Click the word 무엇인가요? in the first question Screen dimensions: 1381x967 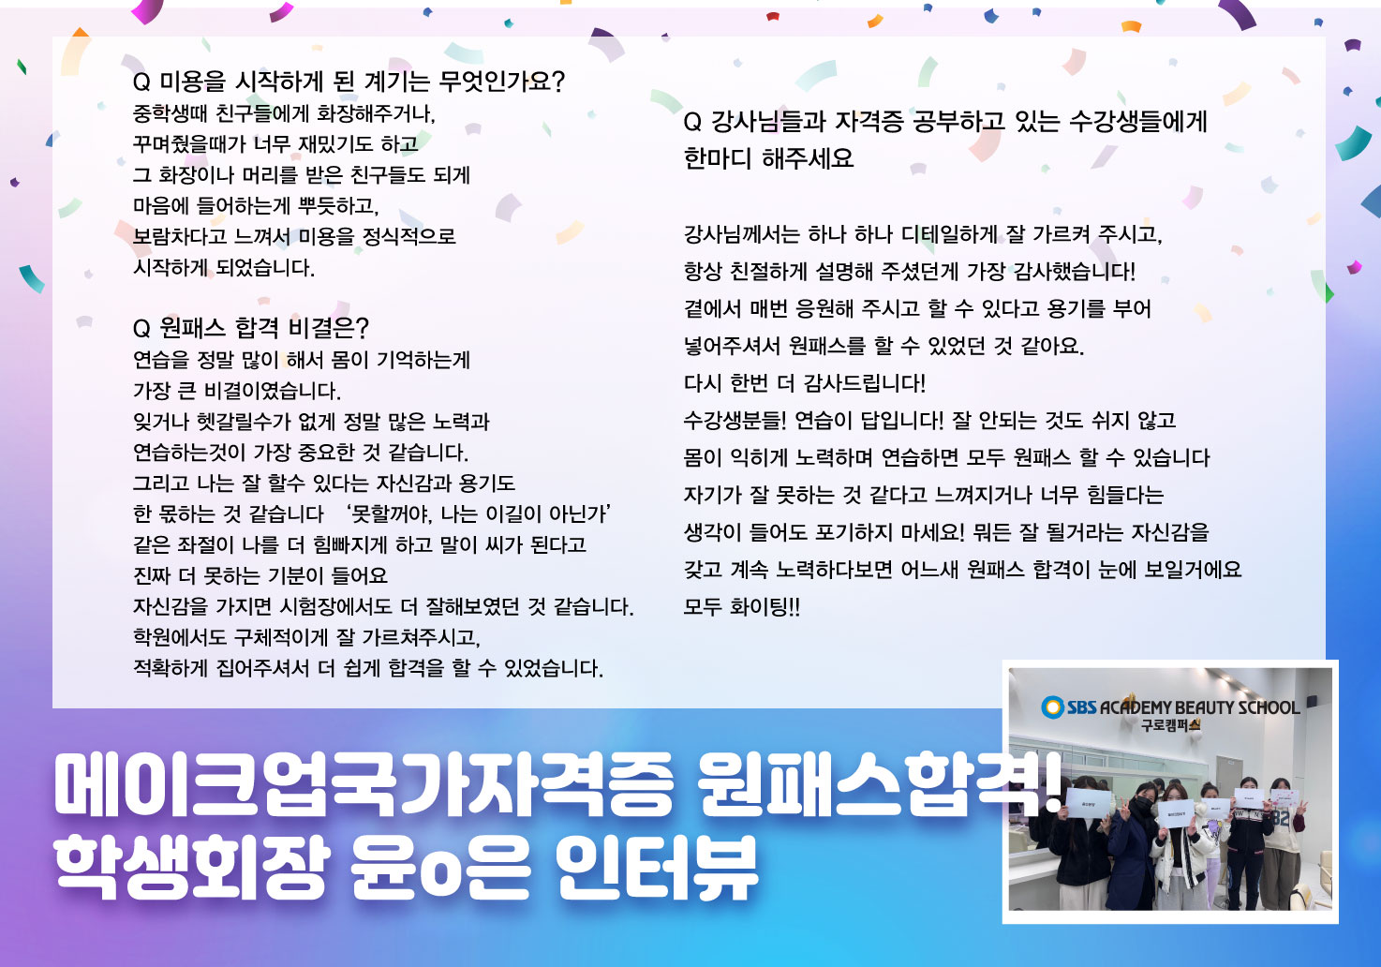502,81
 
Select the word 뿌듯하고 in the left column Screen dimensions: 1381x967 338,205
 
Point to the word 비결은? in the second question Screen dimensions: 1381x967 329,327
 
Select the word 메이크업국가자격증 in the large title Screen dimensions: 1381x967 364,786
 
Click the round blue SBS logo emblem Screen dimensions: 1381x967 1052,707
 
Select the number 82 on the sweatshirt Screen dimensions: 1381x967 1281,819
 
